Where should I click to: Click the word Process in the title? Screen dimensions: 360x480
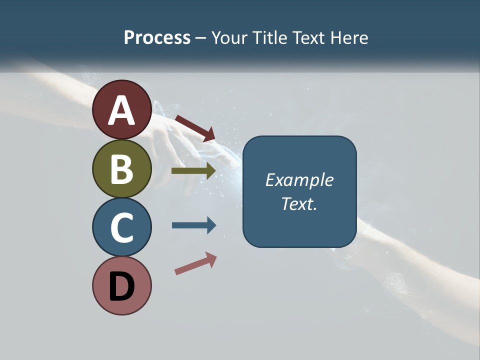157,38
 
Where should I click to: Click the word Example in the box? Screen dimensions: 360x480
299,180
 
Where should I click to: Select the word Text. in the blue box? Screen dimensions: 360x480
299,203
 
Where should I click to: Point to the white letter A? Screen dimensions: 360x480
122,111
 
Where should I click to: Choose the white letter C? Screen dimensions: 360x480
122,228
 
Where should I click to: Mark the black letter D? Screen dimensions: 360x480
122,286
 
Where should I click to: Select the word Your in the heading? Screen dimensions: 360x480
229,38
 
